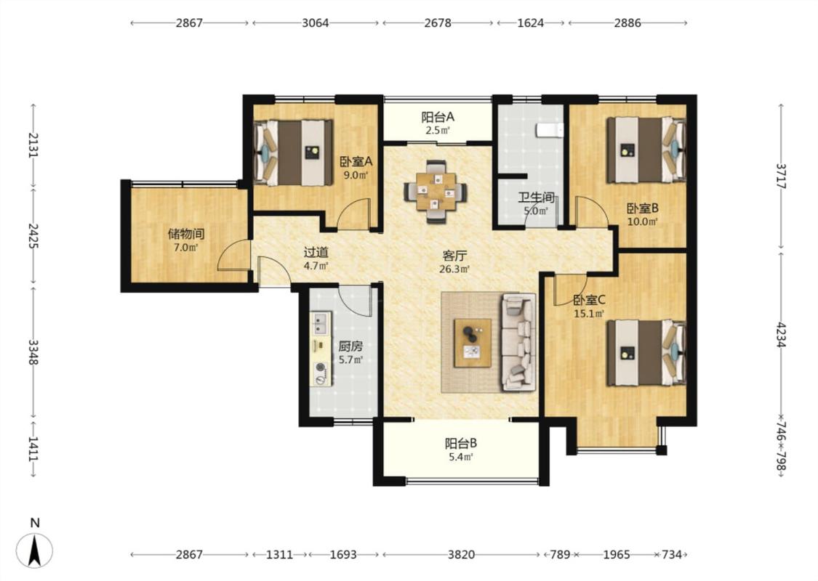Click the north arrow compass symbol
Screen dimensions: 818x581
[x=34, y=550]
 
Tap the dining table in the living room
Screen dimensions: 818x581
[x=435, y=192]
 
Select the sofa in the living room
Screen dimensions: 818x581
[x=518, y=342]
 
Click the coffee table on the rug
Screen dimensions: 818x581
[x=473, y=343]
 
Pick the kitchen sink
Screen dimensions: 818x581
[x=320, y=322]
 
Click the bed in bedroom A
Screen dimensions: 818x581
[x=293, y=153]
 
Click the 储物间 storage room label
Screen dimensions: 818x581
[x=185, y=233]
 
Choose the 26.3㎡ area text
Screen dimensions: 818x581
[x=454, y=269]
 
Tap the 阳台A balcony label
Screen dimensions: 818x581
[x=438, y=117]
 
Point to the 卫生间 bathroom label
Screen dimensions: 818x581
[x=536, y=198]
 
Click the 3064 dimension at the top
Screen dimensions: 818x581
[x=316, y=23]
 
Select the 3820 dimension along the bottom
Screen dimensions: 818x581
[x=462, y=554]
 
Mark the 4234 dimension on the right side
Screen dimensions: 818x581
[x=781, y=335]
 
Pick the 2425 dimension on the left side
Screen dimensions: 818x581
[x=33, y=235]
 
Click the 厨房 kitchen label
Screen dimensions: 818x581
[x=350, y=346]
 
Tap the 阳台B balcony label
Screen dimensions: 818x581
[x=461, y=444]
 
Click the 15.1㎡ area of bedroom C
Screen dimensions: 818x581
[x=588, y=314]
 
